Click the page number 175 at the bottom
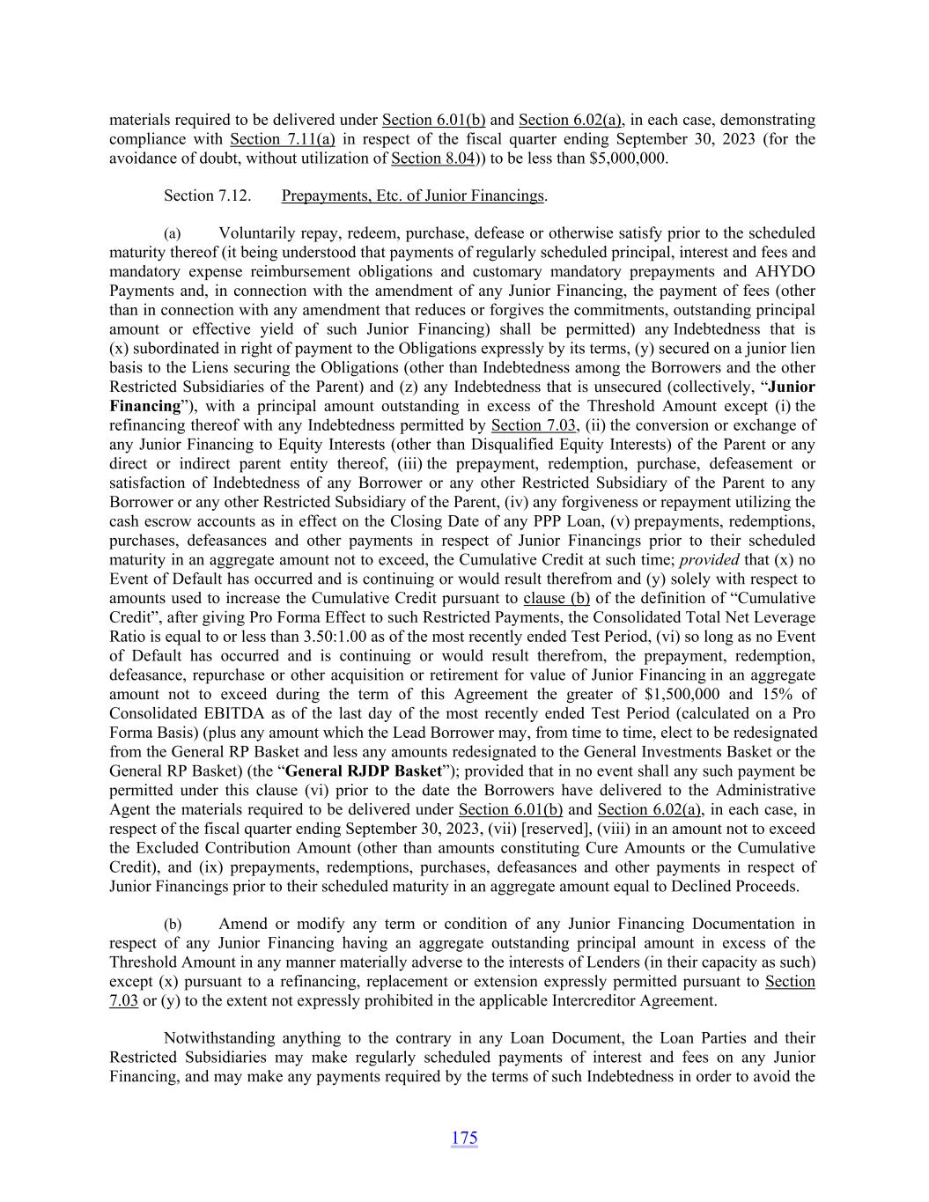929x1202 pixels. click(x=464, y=1138)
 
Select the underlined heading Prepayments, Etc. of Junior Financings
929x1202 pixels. click(x=412, y=195)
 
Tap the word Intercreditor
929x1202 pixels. click(x=564, y=1000)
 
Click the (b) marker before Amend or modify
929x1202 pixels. click(x=173, y=925)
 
